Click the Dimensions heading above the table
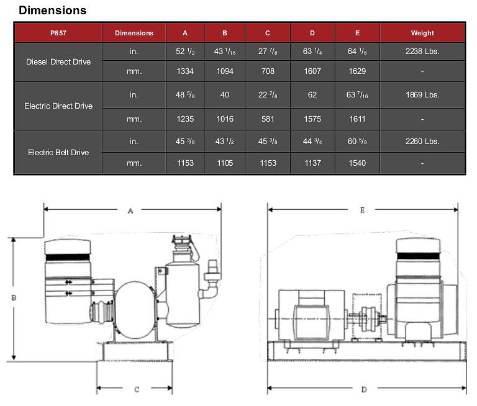click(x=53, y=11)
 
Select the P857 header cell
click(x=59, y=33)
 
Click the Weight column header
click(x=422, y=33)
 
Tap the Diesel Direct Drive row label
click(x=58, y=62)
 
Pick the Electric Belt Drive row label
click(x=58, y=152)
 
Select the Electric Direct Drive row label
click(x=58, y=106)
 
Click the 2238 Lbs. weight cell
click(x=422, y=52)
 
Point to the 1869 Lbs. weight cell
click(x=422, y=95)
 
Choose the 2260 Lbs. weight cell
click(x=422, y=141)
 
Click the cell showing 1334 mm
click(x=185, y=71)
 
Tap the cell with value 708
click(x=268, y=71)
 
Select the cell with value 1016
click(x=225, y=119)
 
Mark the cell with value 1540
click(x=357, y=163)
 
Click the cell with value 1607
click(x=312, y=71)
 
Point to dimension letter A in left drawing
click(x=130, y=211)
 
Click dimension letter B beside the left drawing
click(x=14, y=298)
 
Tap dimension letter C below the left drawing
click(x=136, y=389)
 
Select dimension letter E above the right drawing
click(x=363, y=210)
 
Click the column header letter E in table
click(x=357, y=33)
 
